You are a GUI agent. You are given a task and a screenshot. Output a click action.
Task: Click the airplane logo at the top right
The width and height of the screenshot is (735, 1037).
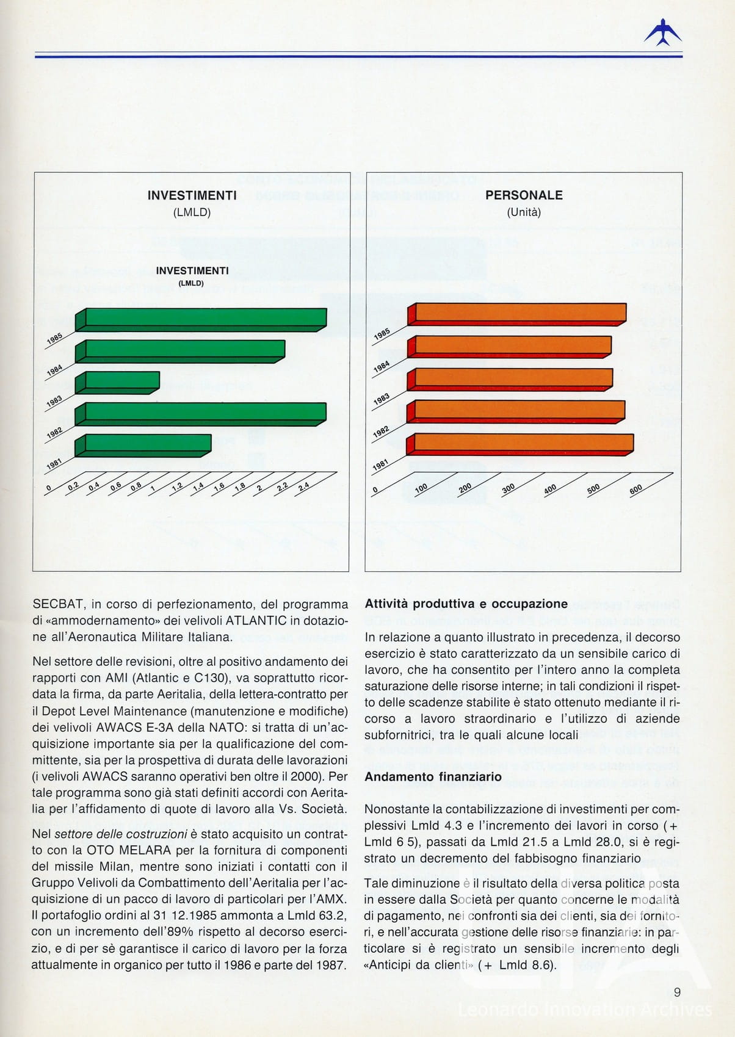(x=663, y=33)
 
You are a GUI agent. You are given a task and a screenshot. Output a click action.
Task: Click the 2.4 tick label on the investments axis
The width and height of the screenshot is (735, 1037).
(x=303, y=486)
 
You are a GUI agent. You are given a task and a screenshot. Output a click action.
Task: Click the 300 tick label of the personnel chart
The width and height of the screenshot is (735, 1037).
(x=509, y=489)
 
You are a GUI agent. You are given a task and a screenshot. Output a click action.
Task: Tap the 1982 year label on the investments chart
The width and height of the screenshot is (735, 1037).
(x=55, y=432)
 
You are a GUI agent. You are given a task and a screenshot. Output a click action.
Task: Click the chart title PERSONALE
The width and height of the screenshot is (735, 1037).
(x=524, y=195)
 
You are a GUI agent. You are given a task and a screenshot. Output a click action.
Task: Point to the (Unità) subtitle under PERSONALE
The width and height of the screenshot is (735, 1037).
(x=524, y=212)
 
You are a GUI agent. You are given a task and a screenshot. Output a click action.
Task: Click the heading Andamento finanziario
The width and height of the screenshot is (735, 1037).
(x=433, y=777)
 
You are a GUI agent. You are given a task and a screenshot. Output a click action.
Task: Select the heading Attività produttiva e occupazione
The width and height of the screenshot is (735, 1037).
(x=466, y=604)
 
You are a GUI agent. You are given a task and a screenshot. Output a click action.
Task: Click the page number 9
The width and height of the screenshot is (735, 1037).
(x=677, y=992)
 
